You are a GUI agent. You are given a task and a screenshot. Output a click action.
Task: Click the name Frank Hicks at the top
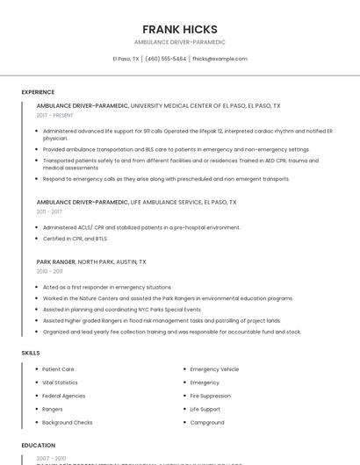tap(180, 29)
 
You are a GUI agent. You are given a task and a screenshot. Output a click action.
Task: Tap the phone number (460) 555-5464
tap(165, 59)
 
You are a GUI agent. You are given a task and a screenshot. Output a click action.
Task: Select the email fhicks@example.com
tap(220, 59)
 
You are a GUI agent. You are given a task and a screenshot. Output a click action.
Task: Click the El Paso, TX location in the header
tap(126, 59)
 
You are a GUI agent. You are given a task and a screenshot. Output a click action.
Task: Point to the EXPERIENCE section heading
tap(38, 91)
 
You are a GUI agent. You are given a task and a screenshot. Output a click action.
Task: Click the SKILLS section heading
tap(31, 353)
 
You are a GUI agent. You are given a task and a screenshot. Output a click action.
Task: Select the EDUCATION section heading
tap(38, 445)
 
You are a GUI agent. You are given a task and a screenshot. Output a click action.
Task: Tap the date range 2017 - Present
tap(55, 115)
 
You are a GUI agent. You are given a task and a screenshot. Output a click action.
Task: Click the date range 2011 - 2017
tap(49, 211)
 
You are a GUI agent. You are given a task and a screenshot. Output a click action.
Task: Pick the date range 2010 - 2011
tap(49, 271)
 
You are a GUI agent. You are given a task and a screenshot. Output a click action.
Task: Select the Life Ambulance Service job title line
tap(136, 202)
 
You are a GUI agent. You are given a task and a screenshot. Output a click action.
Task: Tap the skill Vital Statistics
tap(60, 383)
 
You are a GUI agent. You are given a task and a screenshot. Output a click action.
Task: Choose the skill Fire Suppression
tap(210, 396)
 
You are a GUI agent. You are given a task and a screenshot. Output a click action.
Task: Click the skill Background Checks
tap(68, 422)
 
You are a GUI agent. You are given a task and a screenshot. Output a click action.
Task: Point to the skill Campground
tap(207, 422)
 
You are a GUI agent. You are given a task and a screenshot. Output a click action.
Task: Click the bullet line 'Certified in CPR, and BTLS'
tap(75, 238)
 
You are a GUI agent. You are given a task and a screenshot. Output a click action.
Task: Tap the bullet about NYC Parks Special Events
tap(121, 309)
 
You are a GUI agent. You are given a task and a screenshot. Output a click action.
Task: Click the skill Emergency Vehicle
tap(214, 369)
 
